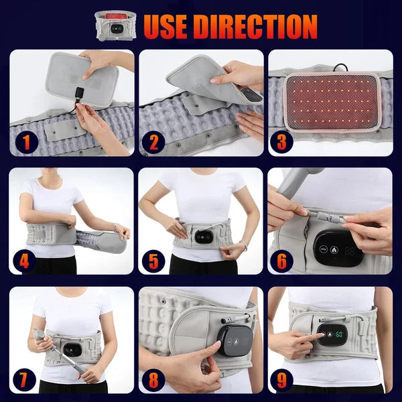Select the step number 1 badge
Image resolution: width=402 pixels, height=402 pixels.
click(x=25, y=141)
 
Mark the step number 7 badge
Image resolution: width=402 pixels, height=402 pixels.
click(x=25, y=380)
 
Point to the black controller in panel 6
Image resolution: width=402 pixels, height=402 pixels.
click(x=339, y=251)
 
